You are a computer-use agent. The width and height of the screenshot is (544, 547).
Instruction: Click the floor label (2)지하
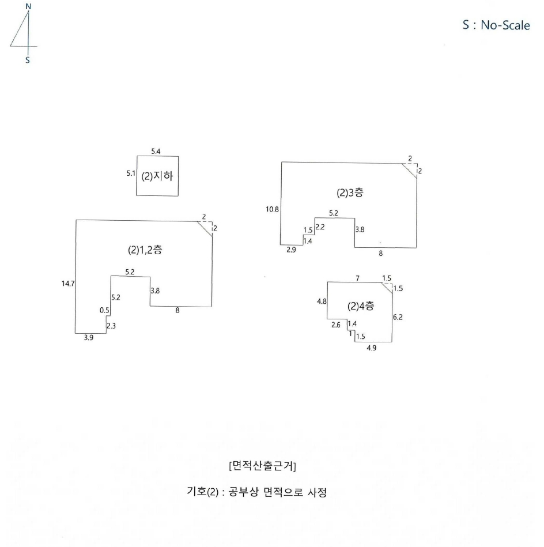[157, 176]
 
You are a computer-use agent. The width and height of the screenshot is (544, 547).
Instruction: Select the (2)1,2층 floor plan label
[145, 250]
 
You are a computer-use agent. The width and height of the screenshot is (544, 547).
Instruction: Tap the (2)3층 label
[350, 193]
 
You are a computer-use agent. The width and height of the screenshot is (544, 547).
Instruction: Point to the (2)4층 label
[361, 306]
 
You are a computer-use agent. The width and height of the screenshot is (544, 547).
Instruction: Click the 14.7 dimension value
[68, 284]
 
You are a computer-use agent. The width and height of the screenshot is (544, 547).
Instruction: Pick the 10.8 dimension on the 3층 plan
[273, 209]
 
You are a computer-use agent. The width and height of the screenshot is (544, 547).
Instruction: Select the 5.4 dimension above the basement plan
[156, 152]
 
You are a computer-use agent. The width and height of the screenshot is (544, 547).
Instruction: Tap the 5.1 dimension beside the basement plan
[131, 173]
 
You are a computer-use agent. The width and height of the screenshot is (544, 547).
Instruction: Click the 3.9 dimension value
[89, 338]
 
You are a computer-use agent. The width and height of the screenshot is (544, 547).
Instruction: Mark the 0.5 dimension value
[104, 310]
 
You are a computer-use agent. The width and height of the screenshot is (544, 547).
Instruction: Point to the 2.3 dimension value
[111, 326]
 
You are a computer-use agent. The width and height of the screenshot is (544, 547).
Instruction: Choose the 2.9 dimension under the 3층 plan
[291, 250]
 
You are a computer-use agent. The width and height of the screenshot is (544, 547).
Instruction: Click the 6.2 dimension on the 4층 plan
[398, 317]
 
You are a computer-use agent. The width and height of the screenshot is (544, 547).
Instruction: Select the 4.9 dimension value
[372, 348]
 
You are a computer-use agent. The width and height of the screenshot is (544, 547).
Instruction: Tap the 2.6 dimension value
[336, 325]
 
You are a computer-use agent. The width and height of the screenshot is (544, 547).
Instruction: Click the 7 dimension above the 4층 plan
[358, 278]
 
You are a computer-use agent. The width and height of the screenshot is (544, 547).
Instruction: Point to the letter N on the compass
[28, 6]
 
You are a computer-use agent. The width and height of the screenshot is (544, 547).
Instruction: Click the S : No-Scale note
[496, 25]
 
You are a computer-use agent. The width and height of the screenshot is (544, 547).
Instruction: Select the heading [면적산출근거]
[263, 466]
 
